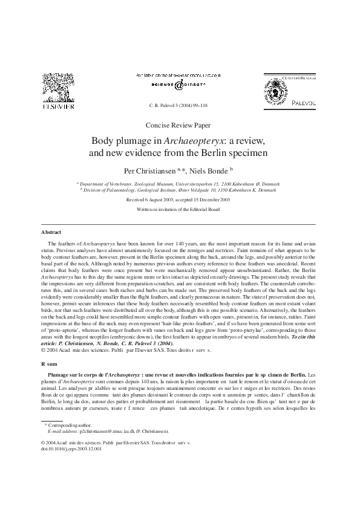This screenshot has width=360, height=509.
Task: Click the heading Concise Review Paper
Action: [x=179, y=125]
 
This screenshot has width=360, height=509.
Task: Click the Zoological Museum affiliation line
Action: [x=179, y=182]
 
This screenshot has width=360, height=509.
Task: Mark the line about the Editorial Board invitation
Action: [x=179, y=206]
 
